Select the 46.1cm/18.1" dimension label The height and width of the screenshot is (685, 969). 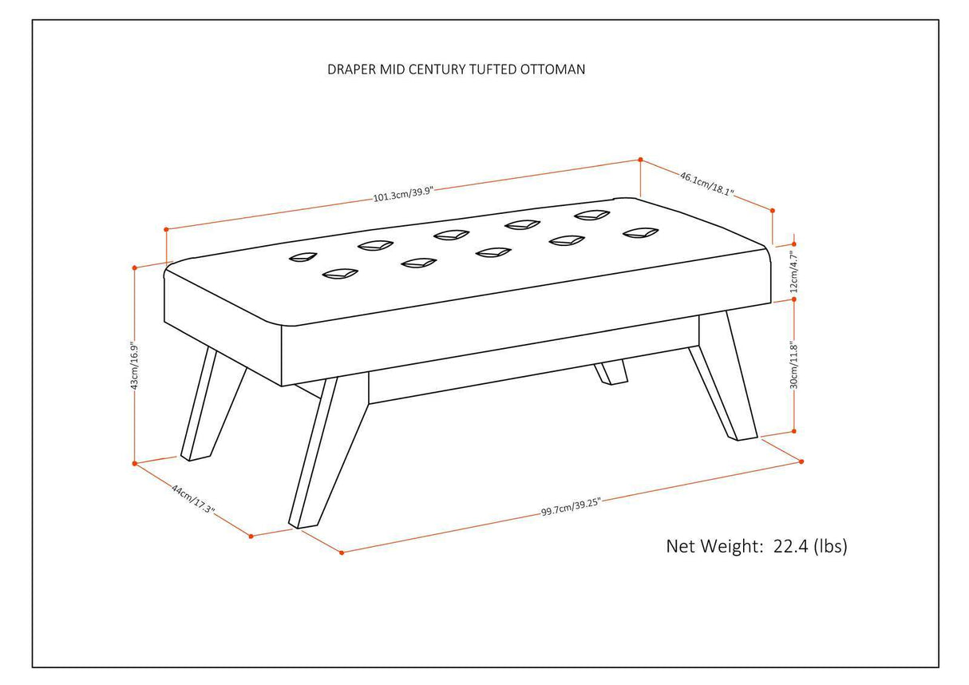point(706,184)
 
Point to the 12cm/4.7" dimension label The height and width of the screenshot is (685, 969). point(793,271)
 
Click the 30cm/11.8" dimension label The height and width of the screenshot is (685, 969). point(793,365)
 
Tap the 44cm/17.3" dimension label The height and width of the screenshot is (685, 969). point(193,499)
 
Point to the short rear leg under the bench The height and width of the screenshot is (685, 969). point(613,372)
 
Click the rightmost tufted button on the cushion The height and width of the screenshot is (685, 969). point(641,232)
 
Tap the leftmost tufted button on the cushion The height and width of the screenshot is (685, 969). point(303,257)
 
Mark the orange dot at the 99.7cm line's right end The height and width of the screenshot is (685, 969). point(801,461)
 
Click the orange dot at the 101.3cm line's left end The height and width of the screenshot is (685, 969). point(166,229)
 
